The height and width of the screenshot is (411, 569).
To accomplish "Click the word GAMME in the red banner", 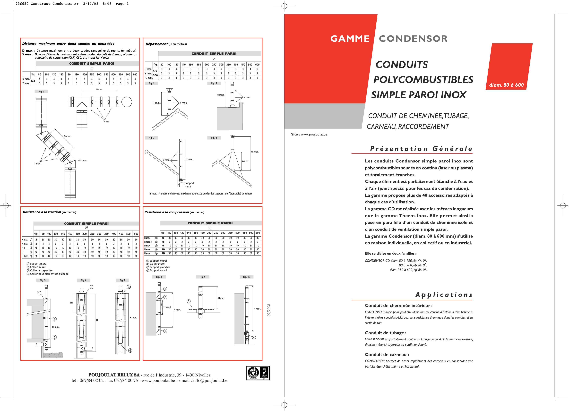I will point(350,39).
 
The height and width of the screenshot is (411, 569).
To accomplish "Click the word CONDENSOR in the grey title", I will point(413,39).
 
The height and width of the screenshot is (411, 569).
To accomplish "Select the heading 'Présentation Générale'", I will point(421,149).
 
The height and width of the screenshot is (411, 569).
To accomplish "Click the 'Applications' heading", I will point(444,295).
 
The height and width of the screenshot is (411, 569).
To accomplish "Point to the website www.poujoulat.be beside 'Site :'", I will point(314,134).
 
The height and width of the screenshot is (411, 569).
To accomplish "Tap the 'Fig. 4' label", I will point(214,138).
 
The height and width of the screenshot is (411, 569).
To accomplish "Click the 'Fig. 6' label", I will point(84,280).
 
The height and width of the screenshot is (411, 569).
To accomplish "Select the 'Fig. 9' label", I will point(202,277).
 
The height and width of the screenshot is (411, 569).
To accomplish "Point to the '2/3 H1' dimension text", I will point(245,161).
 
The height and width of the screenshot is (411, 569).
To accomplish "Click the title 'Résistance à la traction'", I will point(42,212).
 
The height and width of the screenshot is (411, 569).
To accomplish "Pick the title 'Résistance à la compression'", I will point(167,212).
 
